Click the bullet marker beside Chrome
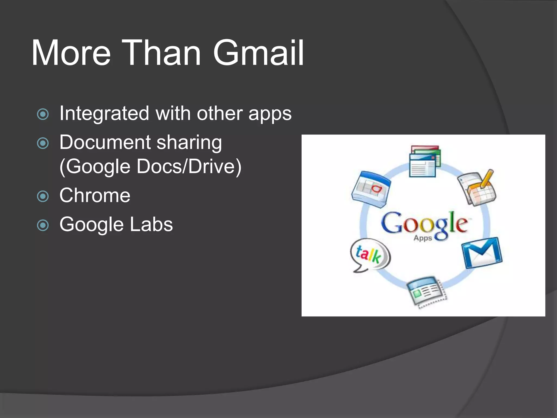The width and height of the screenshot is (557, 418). pyautogui.click(x=43, y=196)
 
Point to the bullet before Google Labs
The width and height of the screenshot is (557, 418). pyautogui.click(x=43, y=225)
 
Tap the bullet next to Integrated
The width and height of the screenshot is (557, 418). pyautogui.click(x=43, y=114)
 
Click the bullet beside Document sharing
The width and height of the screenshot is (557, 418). pyautogui.click(x=43, y=143)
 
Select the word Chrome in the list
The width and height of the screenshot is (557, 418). pyautogui.click(x=95, y=195)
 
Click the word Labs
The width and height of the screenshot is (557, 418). pyautogui.click(x=151, y=224)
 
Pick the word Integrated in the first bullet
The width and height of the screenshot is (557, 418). pyautogui.click(x=104, y=113)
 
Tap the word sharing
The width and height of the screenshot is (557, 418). pyautogui.click(x=189, y=143)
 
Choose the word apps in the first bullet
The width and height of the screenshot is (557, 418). pyautogui.click(x=270, y=113)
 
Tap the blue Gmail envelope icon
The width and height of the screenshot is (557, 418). pyautogui.click(x=482, y=253)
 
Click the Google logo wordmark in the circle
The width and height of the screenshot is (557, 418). pyautogui.click(x=425, y=223)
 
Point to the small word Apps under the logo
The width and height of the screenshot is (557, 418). pyautogui.click(x=423, y=238)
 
